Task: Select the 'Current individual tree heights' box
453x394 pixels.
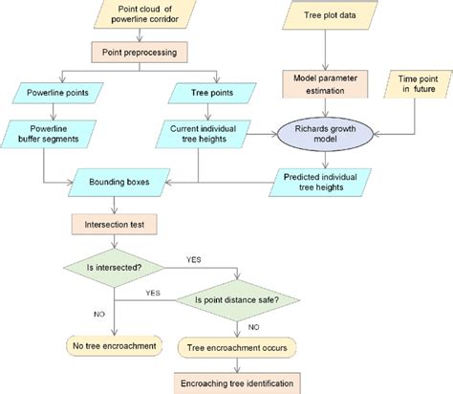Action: [199, 135]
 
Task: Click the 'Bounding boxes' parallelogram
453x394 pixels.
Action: [117, 179]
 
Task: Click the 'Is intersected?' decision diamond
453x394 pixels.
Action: [115, 266]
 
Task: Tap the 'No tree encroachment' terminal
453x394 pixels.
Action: [115, 345]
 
